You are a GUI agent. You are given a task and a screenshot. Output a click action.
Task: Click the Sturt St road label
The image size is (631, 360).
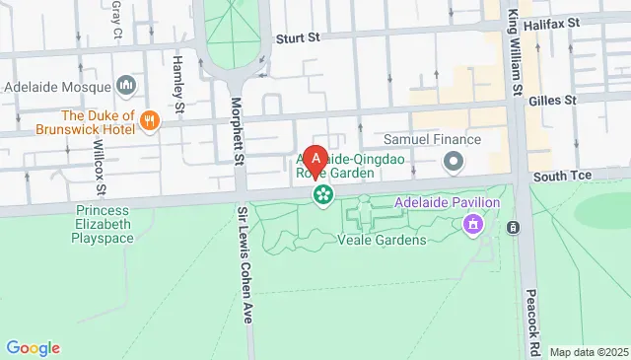299,38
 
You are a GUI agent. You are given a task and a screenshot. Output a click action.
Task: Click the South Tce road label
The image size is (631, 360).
560,176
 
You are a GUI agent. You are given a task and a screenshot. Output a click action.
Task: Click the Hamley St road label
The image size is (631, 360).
179,83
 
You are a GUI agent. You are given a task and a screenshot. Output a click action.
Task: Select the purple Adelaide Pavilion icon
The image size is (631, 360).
473,225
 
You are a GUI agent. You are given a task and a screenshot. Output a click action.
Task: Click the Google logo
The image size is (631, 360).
33,347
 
